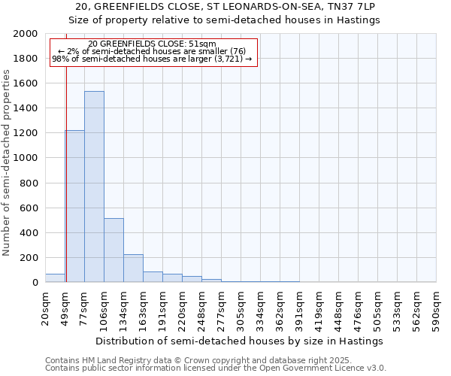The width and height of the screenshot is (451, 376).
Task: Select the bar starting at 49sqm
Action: pyautogui.click(x=74, y=206)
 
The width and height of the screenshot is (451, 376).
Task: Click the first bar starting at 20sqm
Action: pyautogui.click(x=55, y=277)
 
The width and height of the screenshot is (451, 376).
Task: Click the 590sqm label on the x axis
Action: pyautogui.click(x=437, y=307)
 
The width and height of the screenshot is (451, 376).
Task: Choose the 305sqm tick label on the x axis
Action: pyautogui.click(x=241, y=307)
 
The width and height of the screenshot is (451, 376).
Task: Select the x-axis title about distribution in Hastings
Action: pyautogui.click(x=240, y=341)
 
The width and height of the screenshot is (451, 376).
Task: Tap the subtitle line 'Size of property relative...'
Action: pyautogui.click(x=225, y=20)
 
